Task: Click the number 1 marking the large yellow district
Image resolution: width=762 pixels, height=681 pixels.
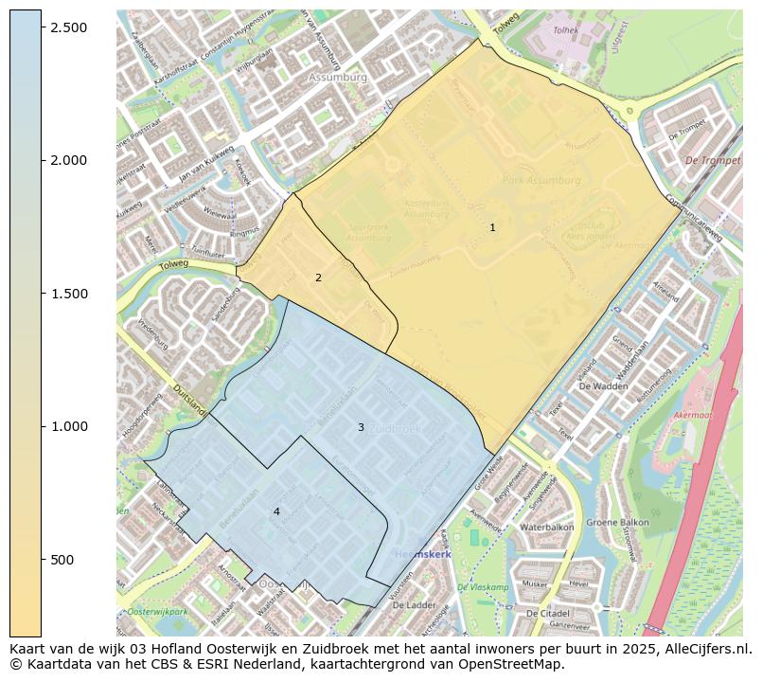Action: pyautogui.click(x=492, y=227)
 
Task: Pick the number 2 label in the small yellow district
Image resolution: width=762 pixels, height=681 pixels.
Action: pyautogui.click(x=318, y=278)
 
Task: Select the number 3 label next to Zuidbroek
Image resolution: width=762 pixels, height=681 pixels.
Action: pyautogui.click(x=361, y=427)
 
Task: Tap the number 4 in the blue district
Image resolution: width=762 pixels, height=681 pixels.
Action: pyautogui.click(x=276, y=511)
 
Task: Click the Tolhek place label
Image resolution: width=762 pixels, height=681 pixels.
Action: pyautogui.click(x=565, y=30)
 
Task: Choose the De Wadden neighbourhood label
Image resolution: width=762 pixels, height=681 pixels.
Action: pyautogui.click(x=602, y=386)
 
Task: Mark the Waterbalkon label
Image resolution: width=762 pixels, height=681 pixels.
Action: pyautogui.click(x=547, y=527)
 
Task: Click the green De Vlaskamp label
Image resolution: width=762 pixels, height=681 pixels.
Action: pyautogui.click(x=483, y=587)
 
